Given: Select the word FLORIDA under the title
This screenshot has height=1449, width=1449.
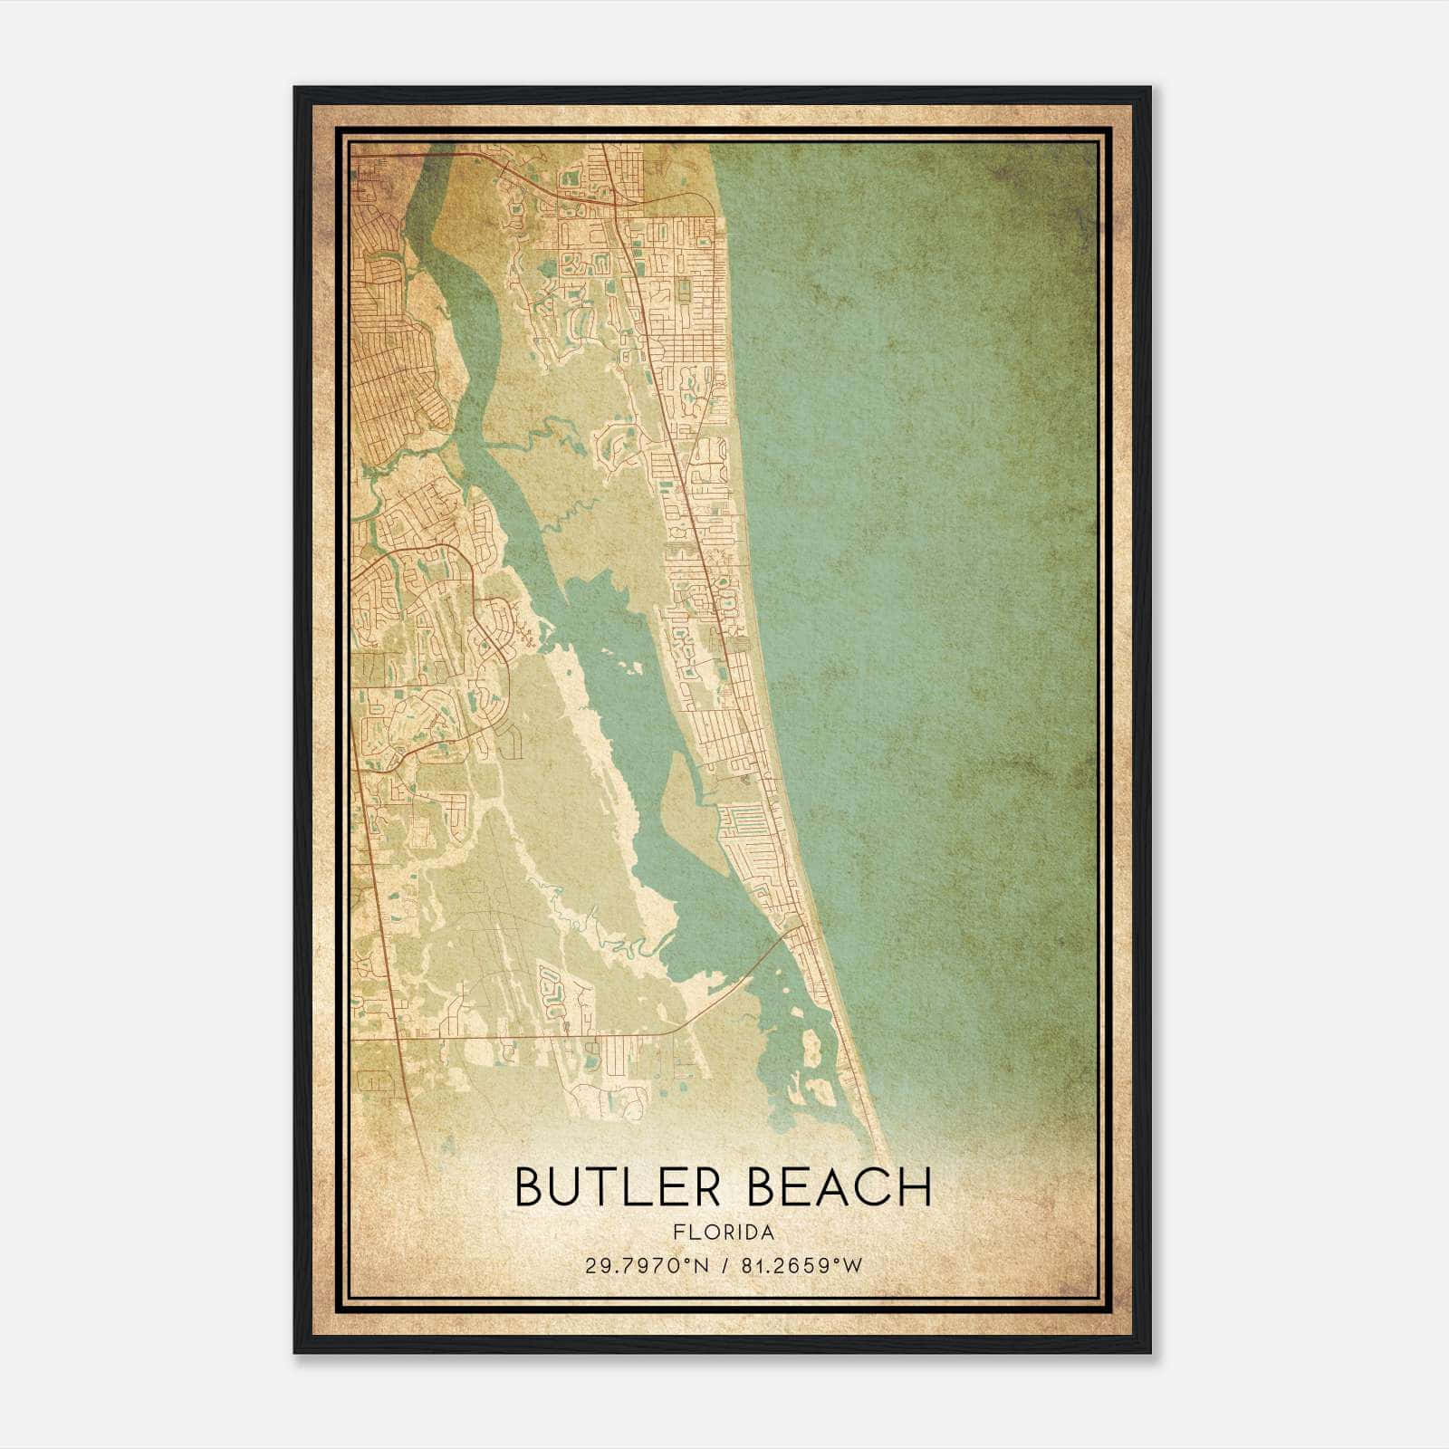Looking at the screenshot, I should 724,1233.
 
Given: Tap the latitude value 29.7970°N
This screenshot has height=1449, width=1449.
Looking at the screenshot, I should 647,1266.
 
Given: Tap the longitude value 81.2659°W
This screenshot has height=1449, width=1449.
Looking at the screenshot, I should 801,1266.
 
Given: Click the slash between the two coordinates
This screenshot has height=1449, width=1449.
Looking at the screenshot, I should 724,1266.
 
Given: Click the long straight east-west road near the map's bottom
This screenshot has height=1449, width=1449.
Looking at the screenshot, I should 543,1033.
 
